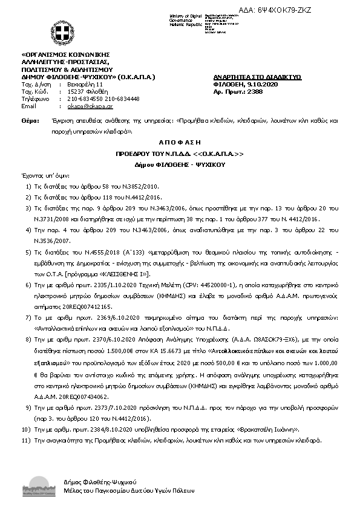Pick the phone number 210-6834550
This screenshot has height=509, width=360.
coord(85,99)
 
